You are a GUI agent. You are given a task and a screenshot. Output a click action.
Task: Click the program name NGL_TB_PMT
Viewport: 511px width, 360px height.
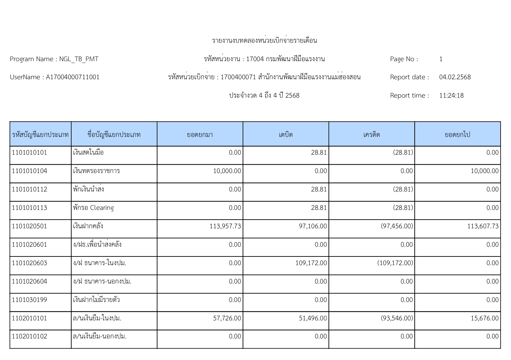click(79, 59)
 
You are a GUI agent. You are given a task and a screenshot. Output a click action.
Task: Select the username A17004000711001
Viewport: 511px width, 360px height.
click(73, 77)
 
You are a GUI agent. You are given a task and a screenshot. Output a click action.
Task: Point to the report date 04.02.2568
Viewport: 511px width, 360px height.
click(455, 77)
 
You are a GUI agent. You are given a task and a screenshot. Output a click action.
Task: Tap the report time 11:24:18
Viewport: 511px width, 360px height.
click(451, 96)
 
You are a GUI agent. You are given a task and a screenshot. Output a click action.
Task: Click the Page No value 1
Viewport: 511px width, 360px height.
click(441, 59)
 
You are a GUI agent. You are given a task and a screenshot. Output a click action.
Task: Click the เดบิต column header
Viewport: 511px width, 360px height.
click(286, 134)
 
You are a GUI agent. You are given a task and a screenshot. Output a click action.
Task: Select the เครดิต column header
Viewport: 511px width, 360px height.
click(372, 134)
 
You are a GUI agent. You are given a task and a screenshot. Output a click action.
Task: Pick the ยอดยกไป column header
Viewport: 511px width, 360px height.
click(457, 134)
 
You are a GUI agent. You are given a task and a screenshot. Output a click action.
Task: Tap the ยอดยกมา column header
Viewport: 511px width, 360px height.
click(200, 134)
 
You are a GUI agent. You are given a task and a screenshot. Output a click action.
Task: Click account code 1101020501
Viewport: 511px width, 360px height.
click(30, 226)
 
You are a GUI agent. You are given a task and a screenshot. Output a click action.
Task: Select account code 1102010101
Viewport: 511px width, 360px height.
click(30, 318)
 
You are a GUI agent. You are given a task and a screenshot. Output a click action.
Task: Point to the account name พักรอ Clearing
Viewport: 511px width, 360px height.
click(93, 208)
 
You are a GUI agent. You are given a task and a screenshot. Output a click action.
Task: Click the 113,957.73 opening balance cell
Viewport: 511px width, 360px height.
click(225, 226)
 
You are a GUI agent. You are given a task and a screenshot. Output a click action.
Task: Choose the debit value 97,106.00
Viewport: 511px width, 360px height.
click(313, 226)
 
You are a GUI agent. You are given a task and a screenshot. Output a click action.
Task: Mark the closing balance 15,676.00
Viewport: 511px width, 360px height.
click(485, 318)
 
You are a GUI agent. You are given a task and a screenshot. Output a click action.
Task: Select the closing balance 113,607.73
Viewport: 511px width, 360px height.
click(483, 226)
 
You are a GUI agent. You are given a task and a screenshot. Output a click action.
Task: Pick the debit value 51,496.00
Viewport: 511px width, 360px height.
click(313, 318)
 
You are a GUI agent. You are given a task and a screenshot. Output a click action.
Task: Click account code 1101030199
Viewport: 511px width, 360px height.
click(30, 300)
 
